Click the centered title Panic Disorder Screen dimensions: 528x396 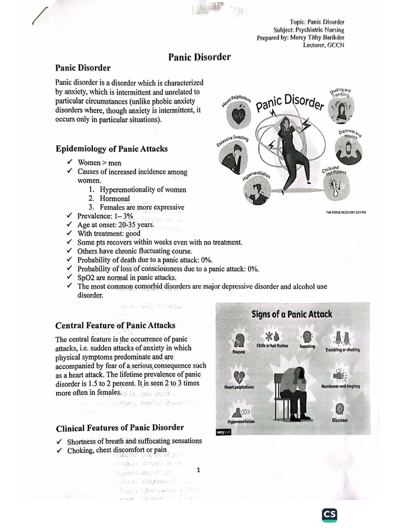click(x=199, y=57)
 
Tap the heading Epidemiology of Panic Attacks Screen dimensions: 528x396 click(x=111, y=149)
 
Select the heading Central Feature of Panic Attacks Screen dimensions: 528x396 click(x=115, y=325)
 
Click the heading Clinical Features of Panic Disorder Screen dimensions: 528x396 click(x=119, y=427)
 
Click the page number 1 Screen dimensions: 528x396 click(x=198, y=470)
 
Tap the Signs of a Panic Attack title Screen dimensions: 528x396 click(x=291, y=314)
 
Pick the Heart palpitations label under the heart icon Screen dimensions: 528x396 click(x=239, y=387)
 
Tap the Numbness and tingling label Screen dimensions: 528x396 click(x=340, y=386)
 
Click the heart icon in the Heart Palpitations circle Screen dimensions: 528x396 click(x=239, y=115)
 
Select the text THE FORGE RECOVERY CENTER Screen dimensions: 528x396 click(x=345, y=212)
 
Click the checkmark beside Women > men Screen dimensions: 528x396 click(x=69, y=163)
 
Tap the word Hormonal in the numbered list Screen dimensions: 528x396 click(x=115, y=199)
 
